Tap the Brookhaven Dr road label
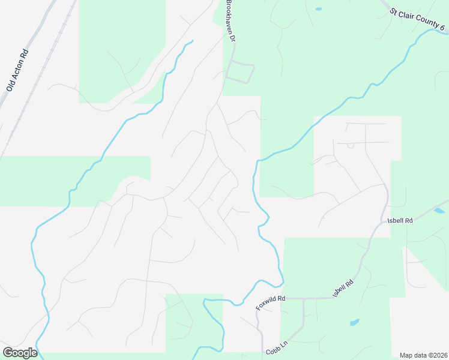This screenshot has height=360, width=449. [229, 21]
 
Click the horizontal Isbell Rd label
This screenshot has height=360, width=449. [400, 220]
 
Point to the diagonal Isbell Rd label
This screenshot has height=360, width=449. [343, 288]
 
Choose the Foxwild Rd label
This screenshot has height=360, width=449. [270, 302]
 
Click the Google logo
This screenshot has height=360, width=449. [20, 353]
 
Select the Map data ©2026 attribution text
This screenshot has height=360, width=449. [423, 355]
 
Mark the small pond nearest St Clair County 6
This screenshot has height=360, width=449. [318, 9]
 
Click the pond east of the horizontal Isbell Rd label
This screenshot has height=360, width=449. [439, 211]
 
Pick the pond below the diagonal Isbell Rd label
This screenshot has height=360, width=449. [354, 322]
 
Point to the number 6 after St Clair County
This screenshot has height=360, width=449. [442, 28]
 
